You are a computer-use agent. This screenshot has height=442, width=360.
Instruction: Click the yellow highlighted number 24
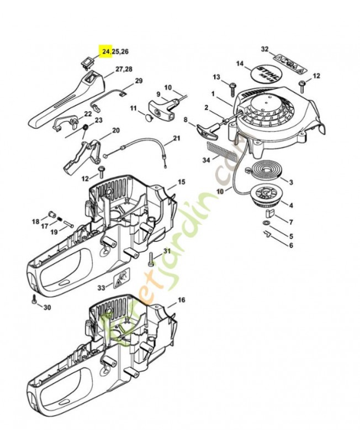105,51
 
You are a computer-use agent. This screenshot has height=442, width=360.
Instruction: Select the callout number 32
265,50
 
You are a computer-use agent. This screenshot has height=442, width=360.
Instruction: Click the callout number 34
207,161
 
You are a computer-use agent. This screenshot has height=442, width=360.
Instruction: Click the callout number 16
181,300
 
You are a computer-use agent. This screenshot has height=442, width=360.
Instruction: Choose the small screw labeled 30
34,300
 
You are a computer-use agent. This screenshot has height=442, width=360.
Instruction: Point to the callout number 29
139,81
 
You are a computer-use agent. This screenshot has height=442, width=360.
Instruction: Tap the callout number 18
36,222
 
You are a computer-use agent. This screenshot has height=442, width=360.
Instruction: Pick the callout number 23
98,120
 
